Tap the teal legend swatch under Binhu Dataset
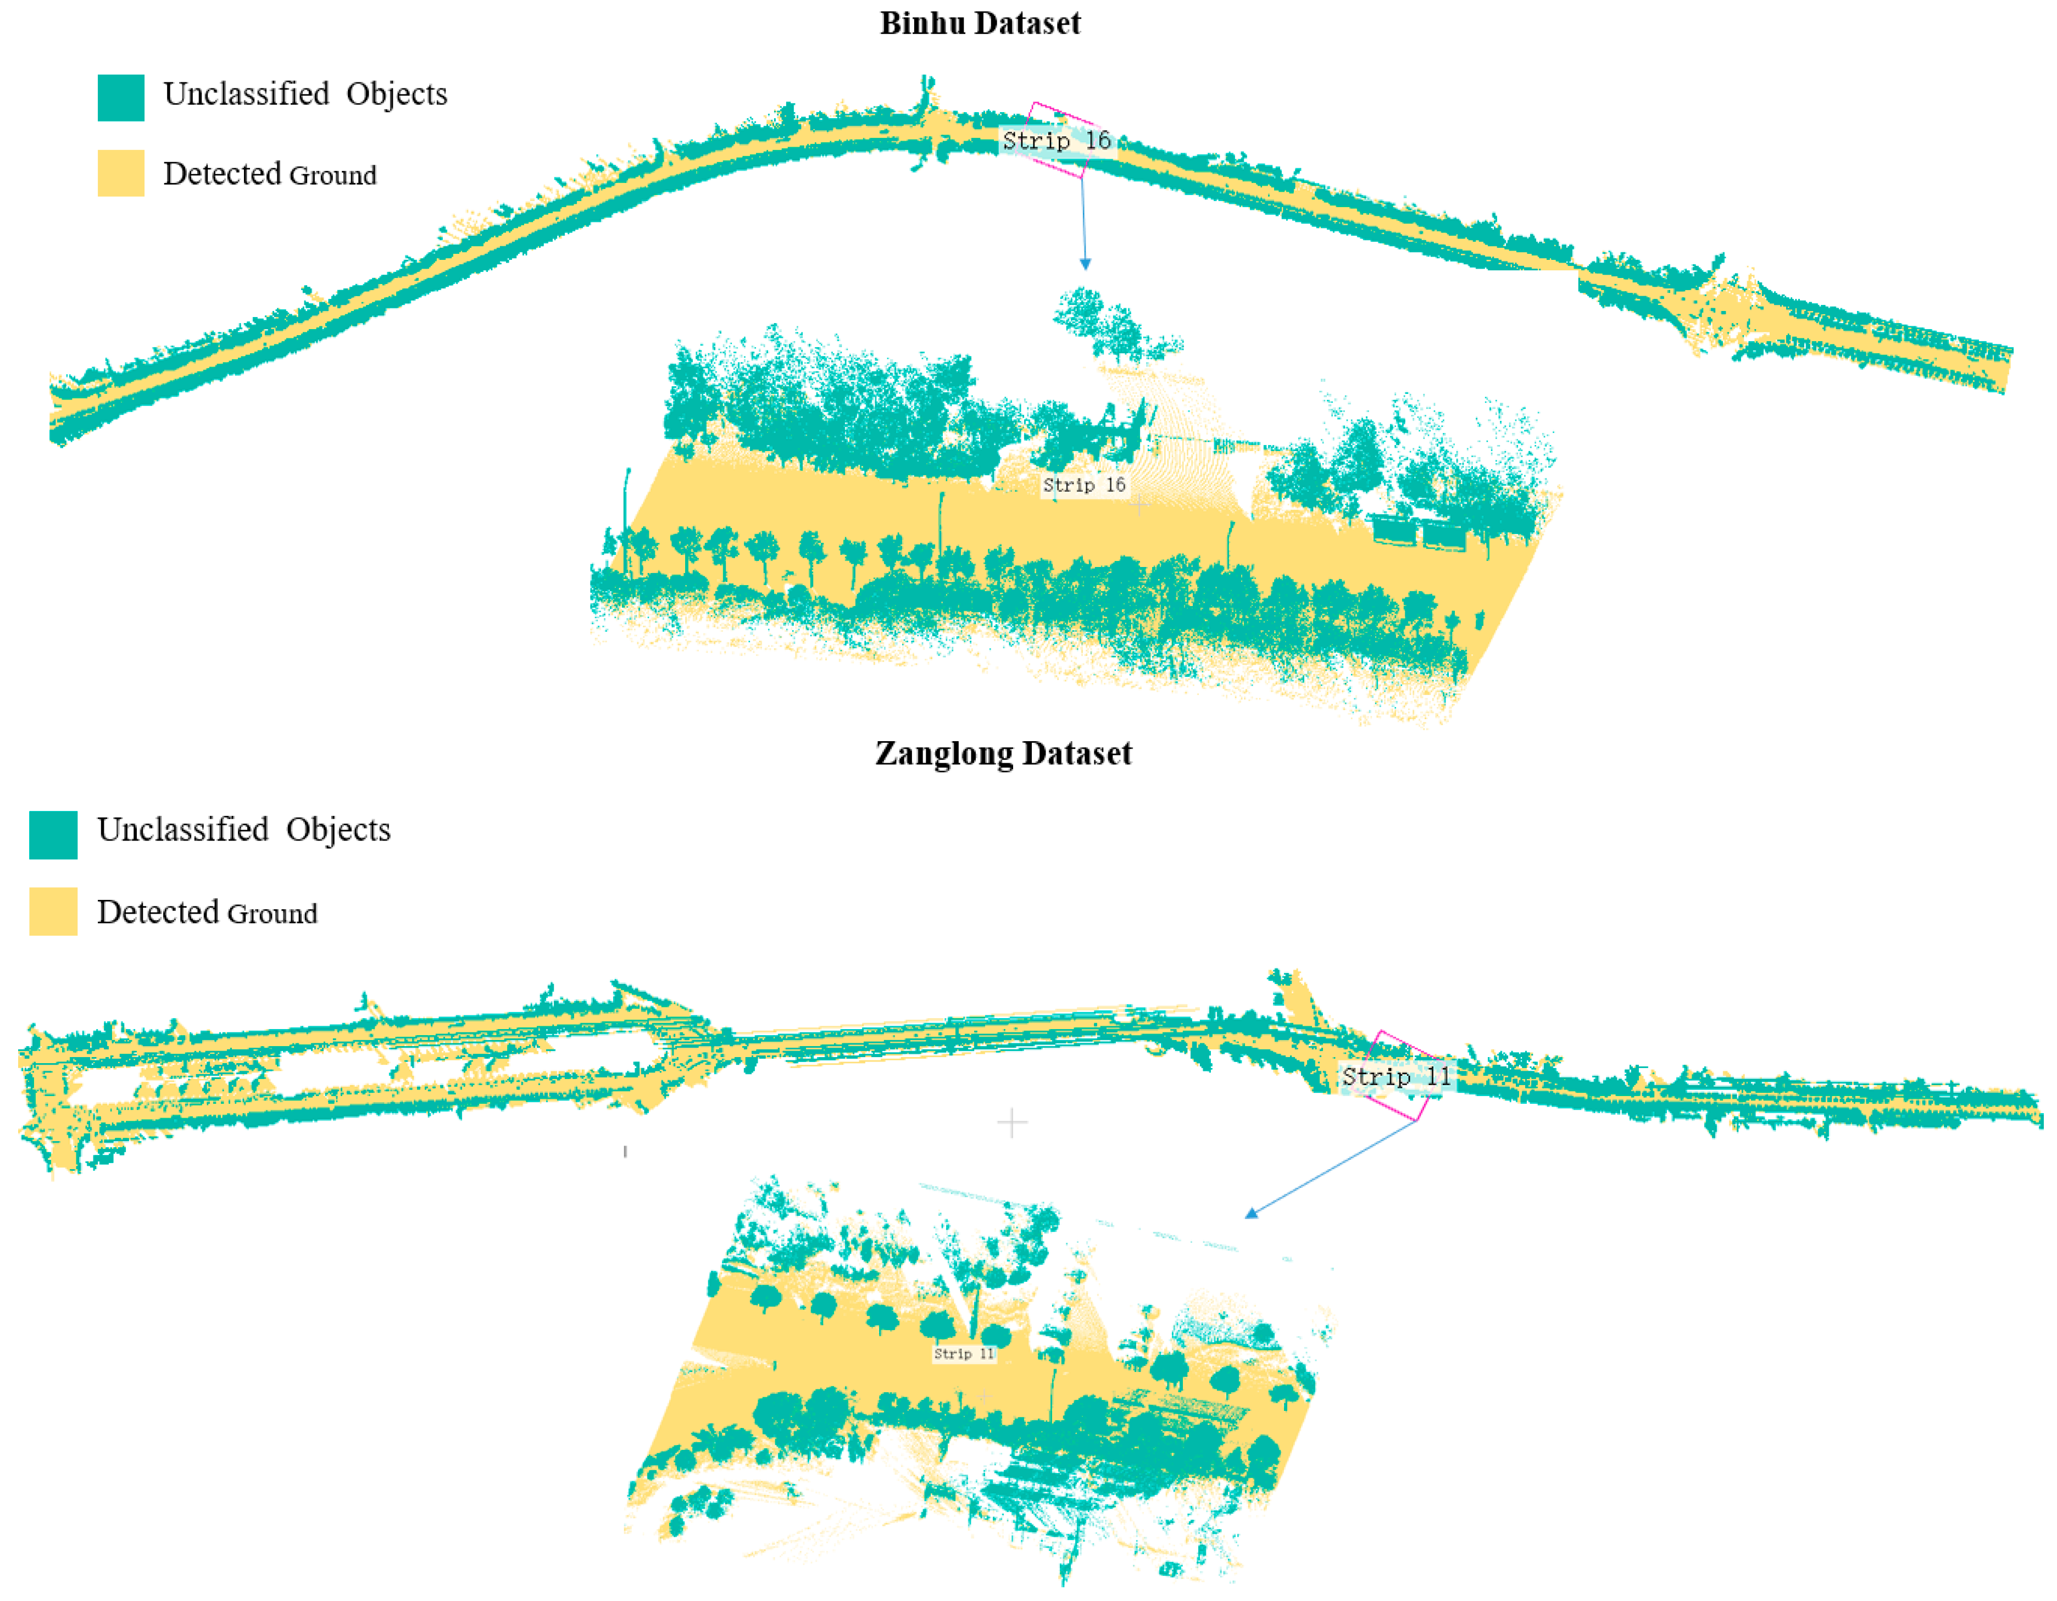(x=120, y=98)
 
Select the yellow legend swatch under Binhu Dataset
(x=120, y=173)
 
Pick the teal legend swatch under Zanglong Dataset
(x=53, y=835)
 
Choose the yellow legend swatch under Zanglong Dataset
(x=53, y=911)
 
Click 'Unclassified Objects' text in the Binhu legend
(x=305, y=94)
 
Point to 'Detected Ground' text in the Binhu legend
(x=269, y=174)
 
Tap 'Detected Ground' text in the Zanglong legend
(x=207, y=913)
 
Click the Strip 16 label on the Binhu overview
(x=1056, y=141)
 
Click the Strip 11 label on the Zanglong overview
(x=1396, y=1076)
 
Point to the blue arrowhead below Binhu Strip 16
(x=1085, y=265)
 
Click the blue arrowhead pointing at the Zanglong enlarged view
(x=1251, y=1214)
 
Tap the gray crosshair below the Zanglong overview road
(x=1011, y=1122)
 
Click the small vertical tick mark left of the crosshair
(x=625, y=1152)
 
